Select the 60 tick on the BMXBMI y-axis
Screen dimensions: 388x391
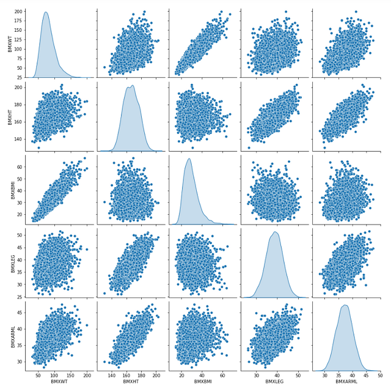[20, 166]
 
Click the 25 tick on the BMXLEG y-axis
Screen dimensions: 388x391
[20, 298]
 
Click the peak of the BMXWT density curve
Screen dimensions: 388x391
[46, 12]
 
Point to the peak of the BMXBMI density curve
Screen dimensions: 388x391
[189, 159]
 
